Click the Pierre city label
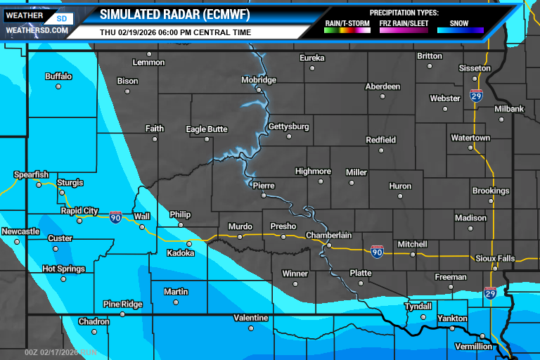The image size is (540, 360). coord(264,186)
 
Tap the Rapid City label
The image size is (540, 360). coord(79,210)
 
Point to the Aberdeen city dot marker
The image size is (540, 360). coord(381,96)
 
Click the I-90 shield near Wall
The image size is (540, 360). coord(115,217)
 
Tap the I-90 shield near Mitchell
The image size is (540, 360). coord(378,251)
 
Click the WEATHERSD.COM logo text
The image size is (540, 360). coord(37,31)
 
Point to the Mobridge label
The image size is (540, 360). coord(259,80)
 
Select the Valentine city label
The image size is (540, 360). coord(251,318)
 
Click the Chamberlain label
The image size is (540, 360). coord(328,235)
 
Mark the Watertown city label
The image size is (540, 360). coord(470,138)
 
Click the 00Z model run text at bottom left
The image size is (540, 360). coord(61,352)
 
